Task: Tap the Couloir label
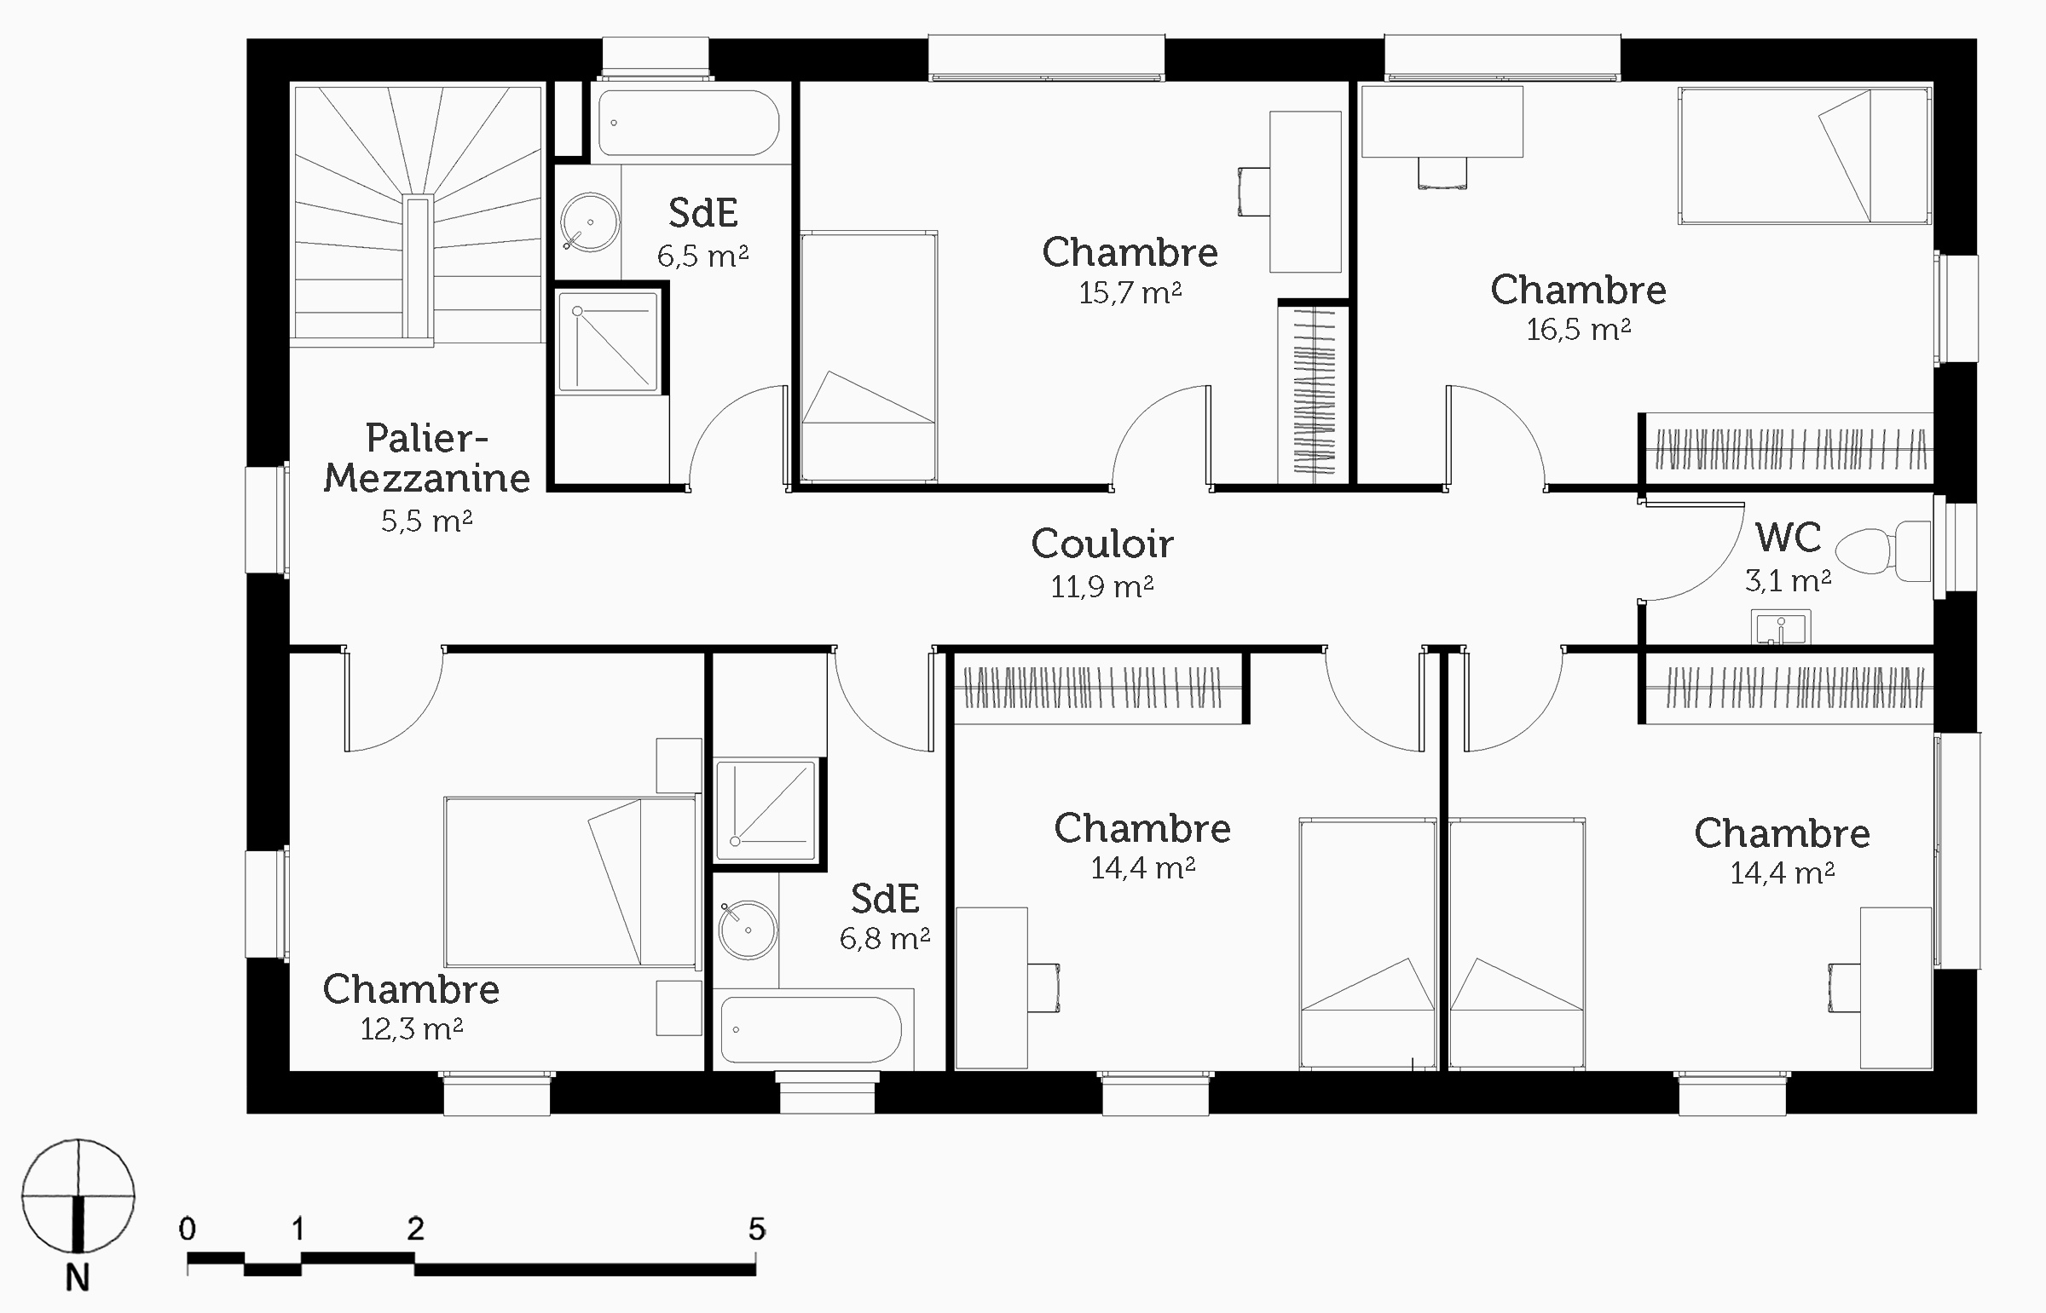[1102, 544]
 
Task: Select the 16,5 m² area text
[1578, 329]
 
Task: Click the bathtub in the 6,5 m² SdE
[688, 124]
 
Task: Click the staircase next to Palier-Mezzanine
[418, 213]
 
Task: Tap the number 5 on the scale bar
[756, 1229]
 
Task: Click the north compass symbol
[78, 1195]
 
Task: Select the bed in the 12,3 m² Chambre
[569, 882]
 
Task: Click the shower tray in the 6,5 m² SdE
[608, 341]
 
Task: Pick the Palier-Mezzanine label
[426, 458]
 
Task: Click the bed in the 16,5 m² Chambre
[1804, 155]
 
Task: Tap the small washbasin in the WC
[1781, 626]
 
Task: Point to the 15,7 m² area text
[1130, 293]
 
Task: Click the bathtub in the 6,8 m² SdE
[810, 1029]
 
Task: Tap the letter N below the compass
[78, 1279]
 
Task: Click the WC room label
[1788, 537]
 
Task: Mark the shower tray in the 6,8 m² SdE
[766, 810]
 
